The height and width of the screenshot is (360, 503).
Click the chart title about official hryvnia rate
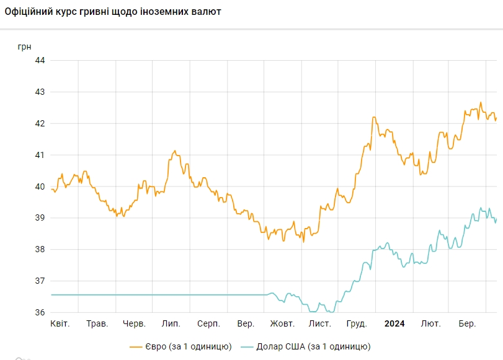click(x=113, y=12)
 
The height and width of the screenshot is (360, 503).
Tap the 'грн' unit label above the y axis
click(x=24, y=46)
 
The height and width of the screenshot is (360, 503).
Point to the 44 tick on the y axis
click(x=40, y=60)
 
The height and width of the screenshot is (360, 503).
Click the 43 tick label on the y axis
click(x=40, y=92)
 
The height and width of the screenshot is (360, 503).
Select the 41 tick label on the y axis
click(x=40, y=155)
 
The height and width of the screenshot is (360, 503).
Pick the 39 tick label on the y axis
click(x=40, y=218)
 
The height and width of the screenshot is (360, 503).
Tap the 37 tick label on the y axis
click(x=40, y=281)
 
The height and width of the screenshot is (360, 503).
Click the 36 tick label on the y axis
click(x=40, y=312)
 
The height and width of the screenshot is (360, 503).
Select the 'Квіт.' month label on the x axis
click(x=60, y=324)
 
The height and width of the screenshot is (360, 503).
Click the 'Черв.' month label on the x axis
click(x=135, y=324)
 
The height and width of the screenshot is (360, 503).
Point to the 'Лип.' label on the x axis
click(x=171, y=324)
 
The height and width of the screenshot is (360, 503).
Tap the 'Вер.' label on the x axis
click(x=246, y=324)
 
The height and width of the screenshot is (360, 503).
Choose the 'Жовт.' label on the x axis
click(x=282, y=324)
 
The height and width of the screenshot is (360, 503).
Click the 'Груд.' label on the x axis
click(x=357, y=324)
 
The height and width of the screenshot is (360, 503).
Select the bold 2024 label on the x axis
click(x=394, y=324)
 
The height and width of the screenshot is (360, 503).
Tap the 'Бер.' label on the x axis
click(x=468, y=324)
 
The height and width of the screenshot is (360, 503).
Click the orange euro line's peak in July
click(x=175, y=151)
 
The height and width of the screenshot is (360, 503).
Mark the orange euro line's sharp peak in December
click(x=374, y=117)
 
